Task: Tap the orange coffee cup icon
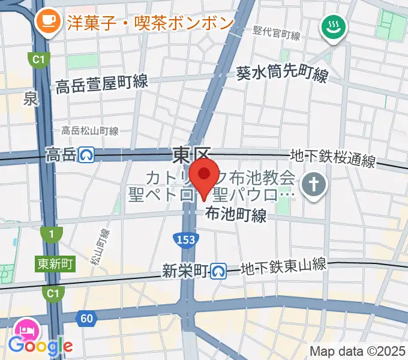pos(47,23)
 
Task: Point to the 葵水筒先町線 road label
pos(282,74)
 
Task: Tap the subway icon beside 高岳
pos(87,155)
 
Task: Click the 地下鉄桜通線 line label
pos(333,159)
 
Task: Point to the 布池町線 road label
pos(236,215)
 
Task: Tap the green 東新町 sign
pos(55,263)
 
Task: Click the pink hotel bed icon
pos(26,330)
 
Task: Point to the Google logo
pos(40,345)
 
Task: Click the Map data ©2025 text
pos(357,350)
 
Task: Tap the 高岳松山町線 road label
pos(90,130)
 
